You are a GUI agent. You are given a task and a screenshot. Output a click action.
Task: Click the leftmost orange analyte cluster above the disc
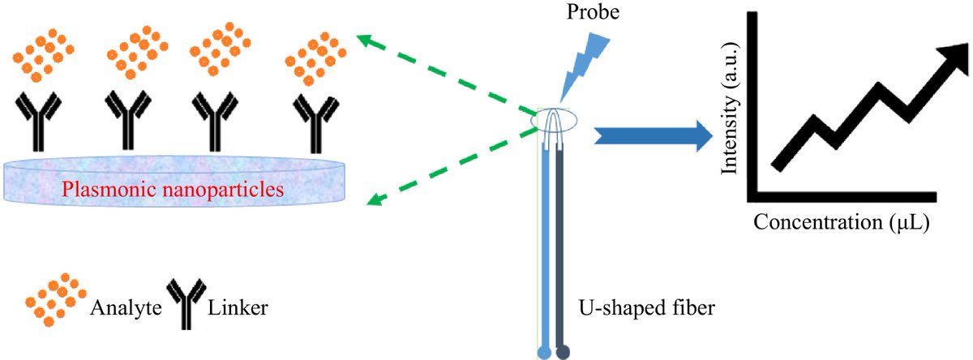41,54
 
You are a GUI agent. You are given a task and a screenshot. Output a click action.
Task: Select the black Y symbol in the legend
185,306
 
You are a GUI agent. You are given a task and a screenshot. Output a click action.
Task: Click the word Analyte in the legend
122,308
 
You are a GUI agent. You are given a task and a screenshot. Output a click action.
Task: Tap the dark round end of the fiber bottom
562,351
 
